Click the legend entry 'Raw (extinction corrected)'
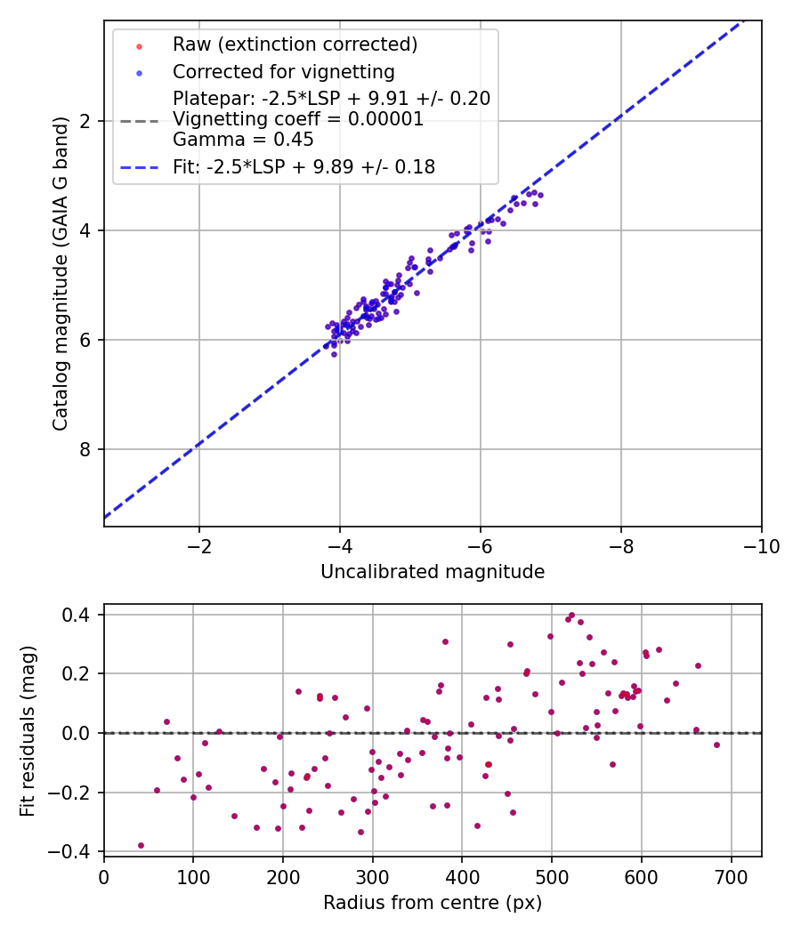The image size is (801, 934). [295, 44]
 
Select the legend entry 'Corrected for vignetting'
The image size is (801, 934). [283, 71]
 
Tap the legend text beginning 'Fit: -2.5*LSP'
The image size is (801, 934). [303, 166]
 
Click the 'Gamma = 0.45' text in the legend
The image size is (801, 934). [243, 139]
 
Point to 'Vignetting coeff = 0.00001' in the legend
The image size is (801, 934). [298, 119]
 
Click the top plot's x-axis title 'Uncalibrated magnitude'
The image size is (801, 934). [433, 572]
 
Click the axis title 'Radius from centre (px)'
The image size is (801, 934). [433, 903]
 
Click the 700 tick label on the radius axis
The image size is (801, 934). [731, 876]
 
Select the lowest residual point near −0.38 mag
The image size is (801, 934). [141, 845]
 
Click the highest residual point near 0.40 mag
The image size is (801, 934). [571, 615]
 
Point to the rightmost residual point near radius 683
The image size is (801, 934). [716, 745]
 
